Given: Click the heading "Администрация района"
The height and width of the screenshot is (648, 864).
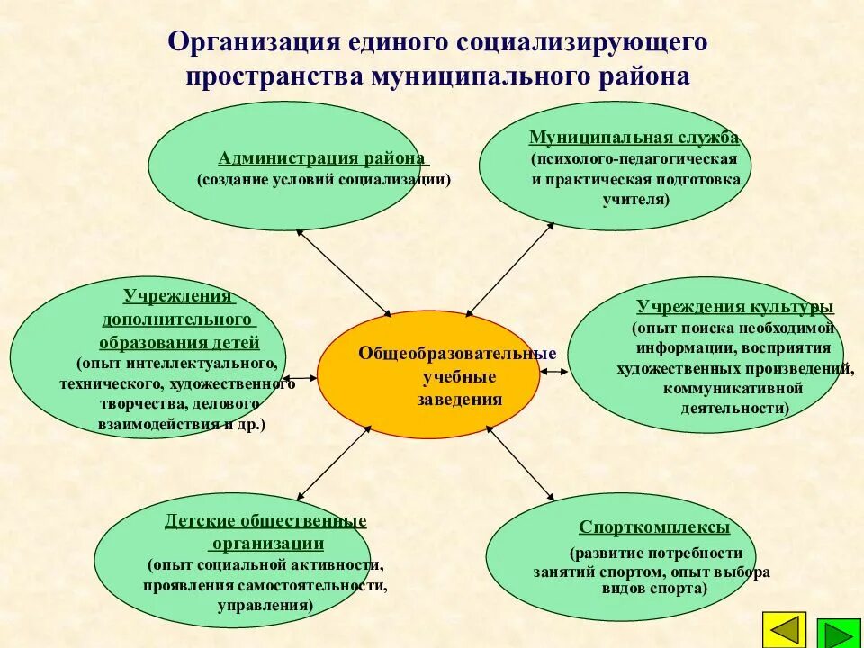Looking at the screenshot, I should tap(321, 158).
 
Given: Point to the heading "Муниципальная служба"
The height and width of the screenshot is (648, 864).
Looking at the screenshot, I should tap(634, 138).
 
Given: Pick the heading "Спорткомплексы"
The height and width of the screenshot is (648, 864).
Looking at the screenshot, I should tap(654, 527).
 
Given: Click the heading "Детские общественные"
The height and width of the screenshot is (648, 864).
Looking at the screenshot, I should tap(265, 521).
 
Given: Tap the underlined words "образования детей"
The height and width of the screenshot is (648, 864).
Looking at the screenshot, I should tap(179, 342).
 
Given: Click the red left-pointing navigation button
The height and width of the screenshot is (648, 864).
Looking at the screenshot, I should tap(785, 630).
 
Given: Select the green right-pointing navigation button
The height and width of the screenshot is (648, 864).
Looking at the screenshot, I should tap(839, 634).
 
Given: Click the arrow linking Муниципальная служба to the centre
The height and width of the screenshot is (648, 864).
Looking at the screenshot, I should tap(509, 269).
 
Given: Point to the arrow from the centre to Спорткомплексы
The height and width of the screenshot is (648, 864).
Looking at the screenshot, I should tap(519, 463).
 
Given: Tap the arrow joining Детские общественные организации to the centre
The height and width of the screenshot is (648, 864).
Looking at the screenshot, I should tap(333, 460).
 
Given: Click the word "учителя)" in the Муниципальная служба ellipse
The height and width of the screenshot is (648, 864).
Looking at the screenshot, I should tap(635, 200).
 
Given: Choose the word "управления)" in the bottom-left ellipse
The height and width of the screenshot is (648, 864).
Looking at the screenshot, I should tap(265, 606).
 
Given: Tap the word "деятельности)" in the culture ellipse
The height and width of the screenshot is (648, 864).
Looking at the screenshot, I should tap(735, 408).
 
